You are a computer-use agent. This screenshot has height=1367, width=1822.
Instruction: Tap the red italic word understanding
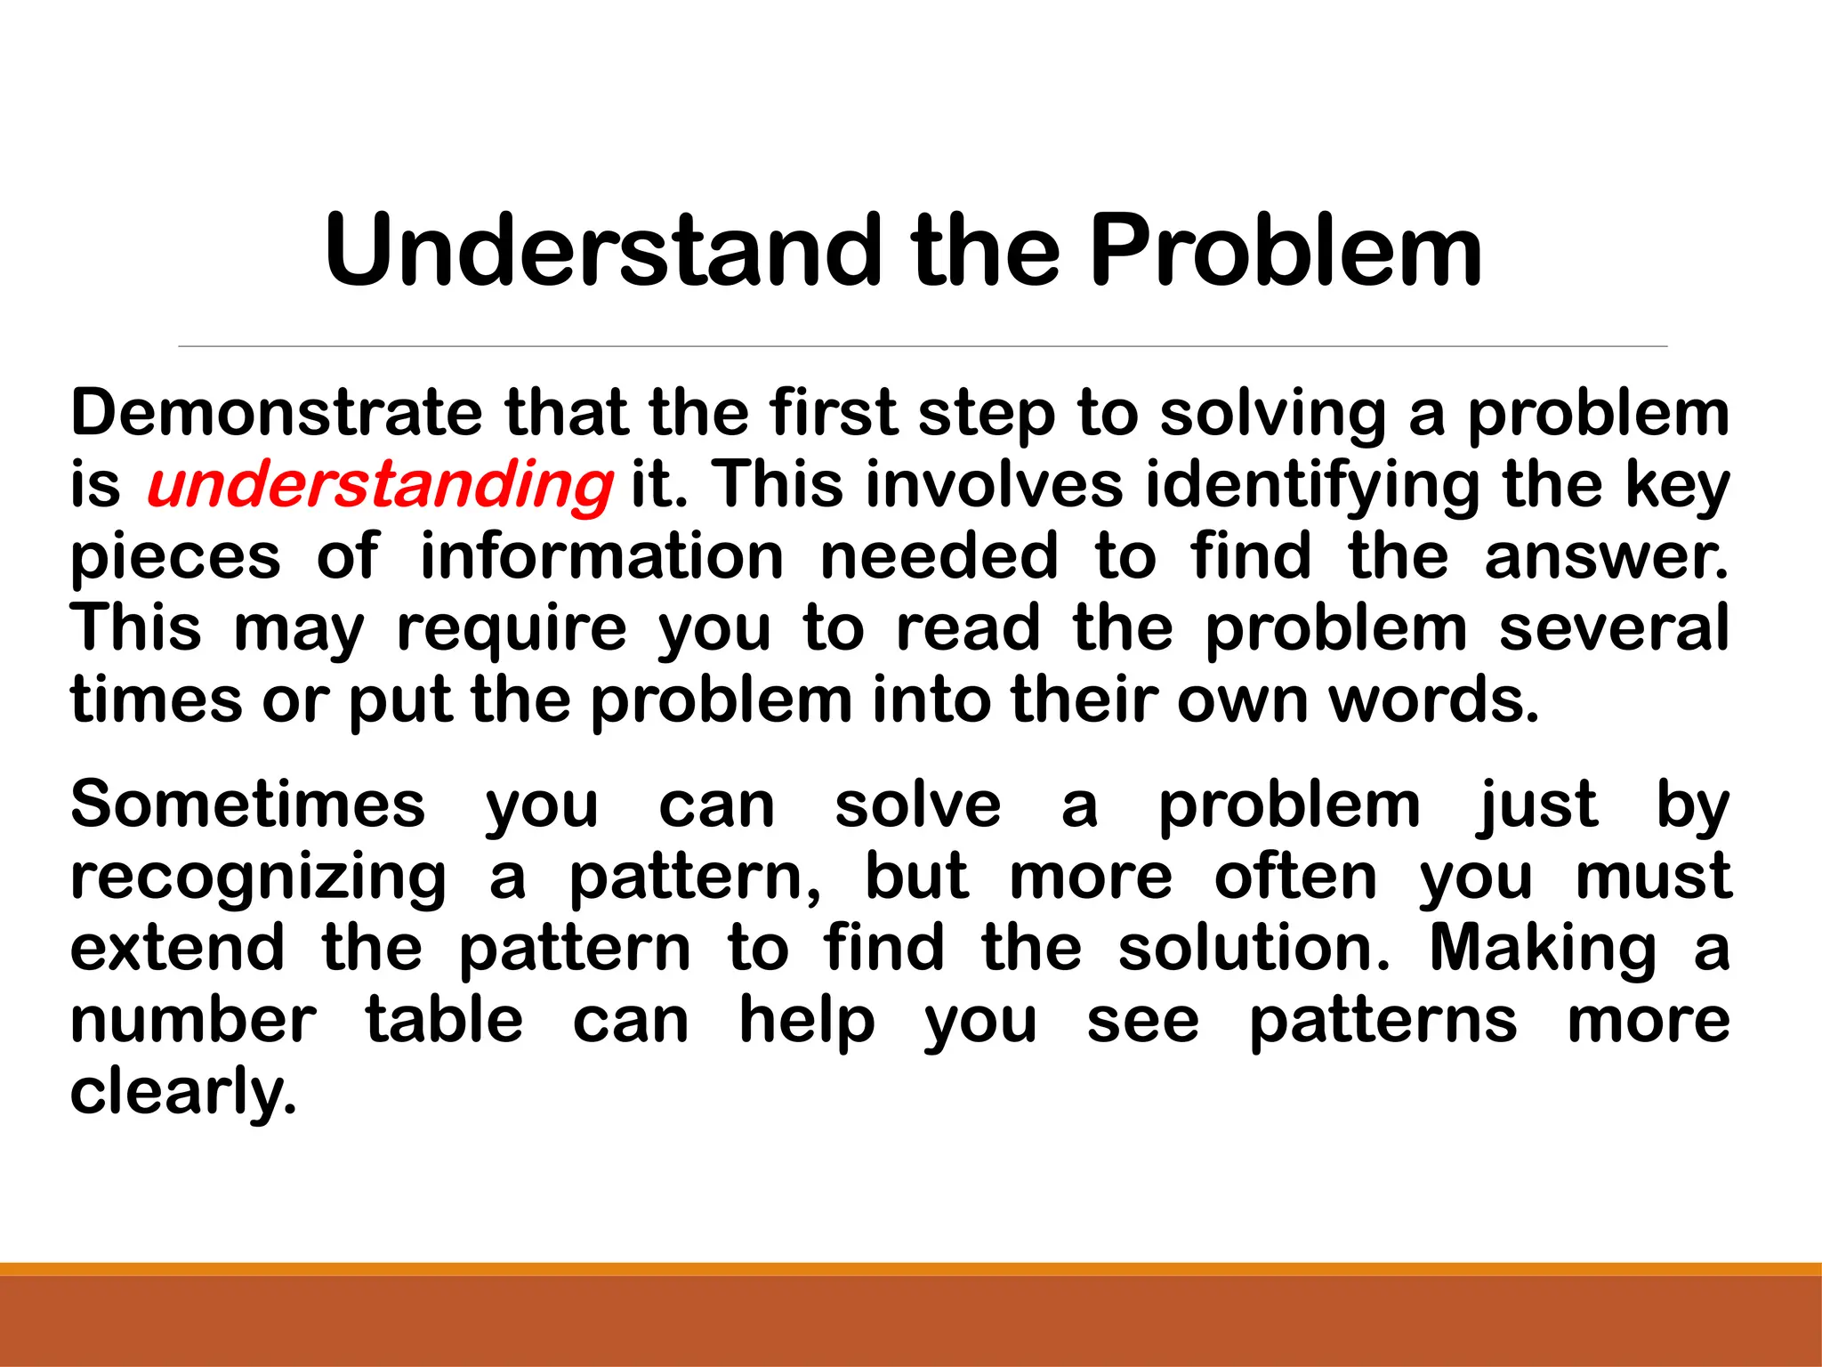[x=380, y=485]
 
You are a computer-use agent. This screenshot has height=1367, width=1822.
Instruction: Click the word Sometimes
[x=248, y=805]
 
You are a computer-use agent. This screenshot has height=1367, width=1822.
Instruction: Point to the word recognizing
[x=258, y=878]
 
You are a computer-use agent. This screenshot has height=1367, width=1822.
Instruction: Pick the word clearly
[x=182, y=1092]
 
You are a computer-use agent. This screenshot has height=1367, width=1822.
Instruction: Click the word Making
[x=1543, y=949]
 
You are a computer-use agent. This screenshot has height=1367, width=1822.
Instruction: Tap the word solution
[x=1253, y=948]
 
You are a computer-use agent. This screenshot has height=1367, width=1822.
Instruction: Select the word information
[x=601, y=556]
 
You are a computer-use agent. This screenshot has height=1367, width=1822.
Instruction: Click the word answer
[x=1606, y=557]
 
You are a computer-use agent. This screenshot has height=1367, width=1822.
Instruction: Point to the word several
[x=1614, y=627]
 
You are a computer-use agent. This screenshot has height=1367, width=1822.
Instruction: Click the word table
[x=444, y=1020]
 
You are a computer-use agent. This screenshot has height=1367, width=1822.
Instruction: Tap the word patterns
[x=1383, y=1022]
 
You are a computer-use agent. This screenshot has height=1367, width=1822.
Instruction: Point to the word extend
[x=177, y=948]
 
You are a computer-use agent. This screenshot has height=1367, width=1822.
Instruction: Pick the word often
[x=1295, y=877]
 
